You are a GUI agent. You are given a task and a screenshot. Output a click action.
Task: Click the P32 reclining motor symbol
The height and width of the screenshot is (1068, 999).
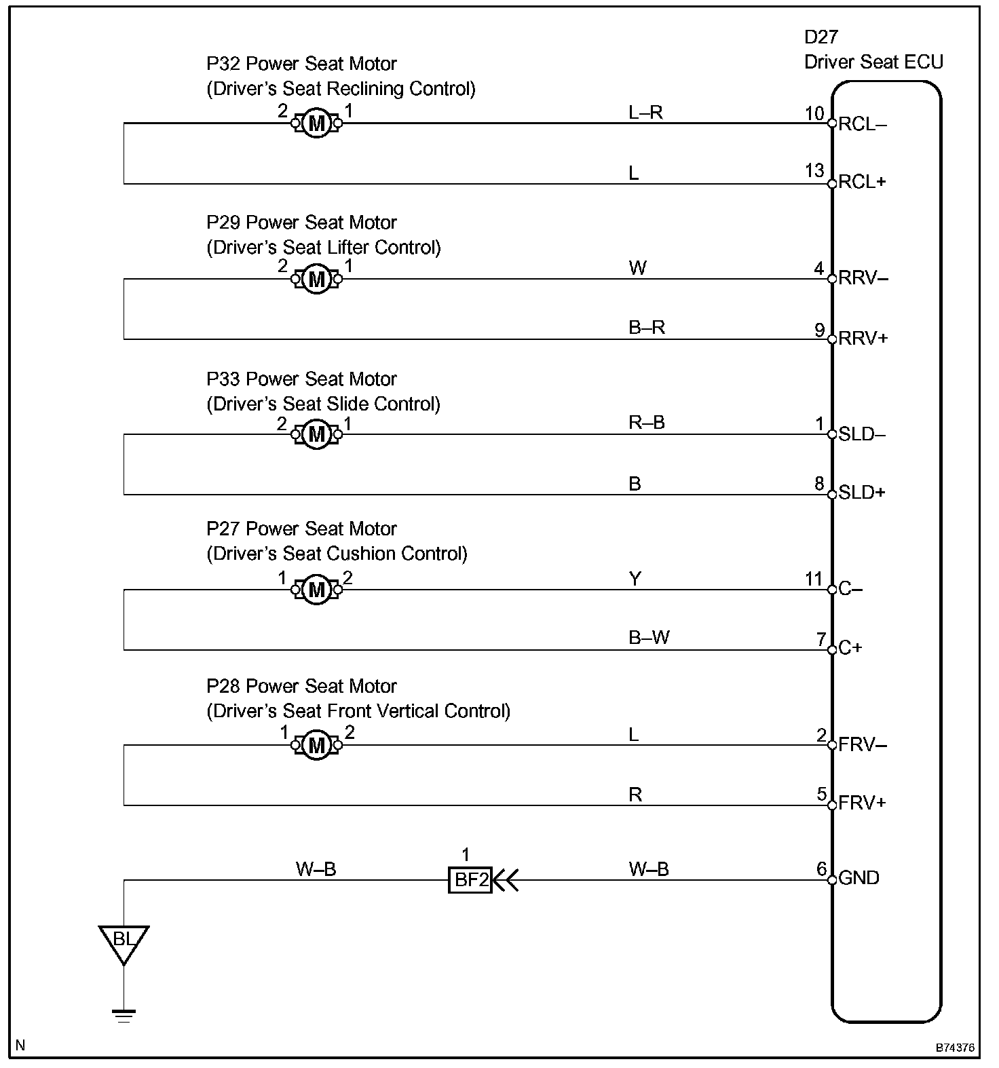(316, 123)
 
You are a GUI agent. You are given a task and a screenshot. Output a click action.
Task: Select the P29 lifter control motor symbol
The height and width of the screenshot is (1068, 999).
(316, 279)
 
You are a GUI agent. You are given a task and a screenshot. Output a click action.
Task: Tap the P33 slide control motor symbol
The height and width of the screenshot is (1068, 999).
(316, 434)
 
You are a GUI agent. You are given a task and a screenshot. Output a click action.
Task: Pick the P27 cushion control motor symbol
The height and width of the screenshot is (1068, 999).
(316, 590)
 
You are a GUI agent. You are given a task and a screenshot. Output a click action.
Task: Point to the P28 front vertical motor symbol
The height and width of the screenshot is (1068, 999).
(316, 746)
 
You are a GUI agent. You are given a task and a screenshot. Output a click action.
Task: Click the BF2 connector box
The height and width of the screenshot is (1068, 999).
(470, 880)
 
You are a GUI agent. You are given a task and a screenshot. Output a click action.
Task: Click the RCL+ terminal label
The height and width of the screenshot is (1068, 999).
(863, 182)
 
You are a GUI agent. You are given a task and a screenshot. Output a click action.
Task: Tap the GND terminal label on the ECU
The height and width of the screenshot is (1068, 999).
(859, 878)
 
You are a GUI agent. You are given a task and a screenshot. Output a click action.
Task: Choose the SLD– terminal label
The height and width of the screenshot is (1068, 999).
(862, 434)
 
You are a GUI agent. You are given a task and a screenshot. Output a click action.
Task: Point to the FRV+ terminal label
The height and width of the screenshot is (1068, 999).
(863, 803)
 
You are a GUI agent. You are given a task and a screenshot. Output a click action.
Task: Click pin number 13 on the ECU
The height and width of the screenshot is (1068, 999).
(814, 170)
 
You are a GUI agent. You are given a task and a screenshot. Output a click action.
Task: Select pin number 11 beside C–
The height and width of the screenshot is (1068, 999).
(814, 579)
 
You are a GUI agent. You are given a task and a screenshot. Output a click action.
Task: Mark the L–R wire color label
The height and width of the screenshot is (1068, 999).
(645, 113)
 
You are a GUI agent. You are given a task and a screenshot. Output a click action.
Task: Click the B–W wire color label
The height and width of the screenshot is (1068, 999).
(649, 638)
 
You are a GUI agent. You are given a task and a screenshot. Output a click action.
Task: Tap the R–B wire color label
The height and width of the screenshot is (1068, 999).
(647, 423)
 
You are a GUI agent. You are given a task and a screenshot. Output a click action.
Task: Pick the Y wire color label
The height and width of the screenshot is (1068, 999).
(635, 579)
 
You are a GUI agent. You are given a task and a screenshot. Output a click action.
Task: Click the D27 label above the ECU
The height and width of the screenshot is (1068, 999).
(822, 37)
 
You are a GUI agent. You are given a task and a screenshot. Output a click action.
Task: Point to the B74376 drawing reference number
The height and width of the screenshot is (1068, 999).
(955, 1048)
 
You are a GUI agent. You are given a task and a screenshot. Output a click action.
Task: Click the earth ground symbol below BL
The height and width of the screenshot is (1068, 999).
(124, 1016)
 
